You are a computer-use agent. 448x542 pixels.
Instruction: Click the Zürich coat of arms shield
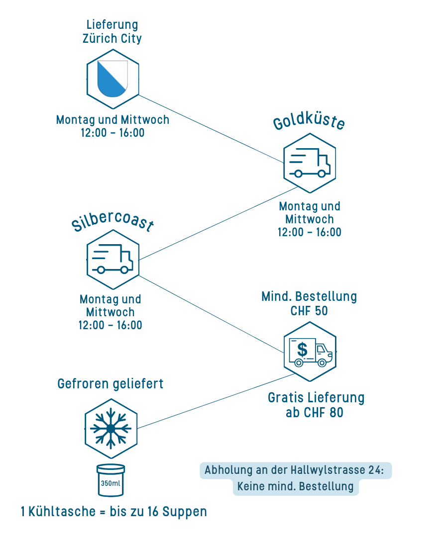112,79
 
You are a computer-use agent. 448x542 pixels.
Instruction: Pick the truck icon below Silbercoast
112,259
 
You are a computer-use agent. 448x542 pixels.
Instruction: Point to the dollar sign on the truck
302,349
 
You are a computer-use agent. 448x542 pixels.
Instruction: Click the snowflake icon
111,428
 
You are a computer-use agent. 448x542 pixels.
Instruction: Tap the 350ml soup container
111,480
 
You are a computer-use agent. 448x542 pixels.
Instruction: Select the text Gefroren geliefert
111,384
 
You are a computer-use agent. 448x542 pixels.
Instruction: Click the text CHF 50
309,311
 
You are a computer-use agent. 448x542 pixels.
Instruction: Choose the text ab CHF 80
315,413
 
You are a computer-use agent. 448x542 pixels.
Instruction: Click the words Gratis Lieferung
316,398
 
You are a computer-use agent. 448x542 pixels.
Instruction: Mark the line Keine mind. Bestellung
295,487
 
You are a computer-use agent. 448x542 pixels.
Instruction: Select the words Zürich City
112,38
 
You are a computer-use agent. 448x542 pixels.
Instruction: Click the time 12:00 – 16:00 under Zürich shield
112,133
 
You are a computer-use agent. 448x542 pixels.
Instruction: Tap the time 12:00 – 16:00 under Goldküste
310,232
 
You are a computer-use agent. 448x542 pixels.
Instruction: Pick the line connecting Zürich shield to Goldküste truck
209,128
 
